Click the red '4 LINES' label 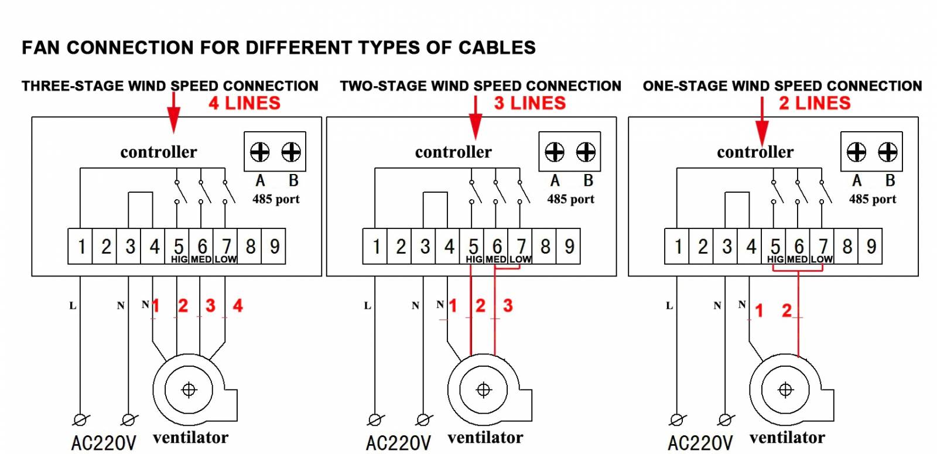click(x=245, y=103)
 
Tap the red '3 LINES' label click(x=530, y=103)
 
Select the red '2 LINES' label click(x=815, y=103)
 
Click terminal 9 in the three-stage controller click(x=274, y=247)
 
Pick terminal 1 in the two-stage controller click(x=375, y=247)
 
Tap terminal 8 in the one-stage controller click(x=846, y=247)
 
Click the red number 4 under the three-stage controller click(x=238, y=306)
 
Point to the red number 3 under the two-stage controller click(x=508, y=306)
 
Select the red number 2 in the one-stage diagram click(x=787, y=310)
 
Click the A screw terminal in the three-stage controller click(x=260, y=152)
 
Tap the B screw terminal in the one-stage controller click(x=888, y=152)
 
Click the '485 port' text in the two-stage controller click(x=570, y=199)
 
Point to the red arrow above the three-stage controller click(x=173, y=113)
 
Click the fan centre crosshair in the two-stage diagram click(x=484, y=390)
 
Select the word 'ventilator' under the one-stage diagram click(x=787, y=438)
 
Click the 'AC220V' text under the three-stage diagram click(x=104, y=443)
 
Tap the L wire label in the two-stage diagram click(x=367, y=306)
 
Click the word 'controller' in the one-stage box click(x=755, y=152)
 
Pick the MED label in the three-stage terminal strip click(x=201, y=260)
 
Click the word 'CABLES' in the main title click(x=497, y=47)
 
